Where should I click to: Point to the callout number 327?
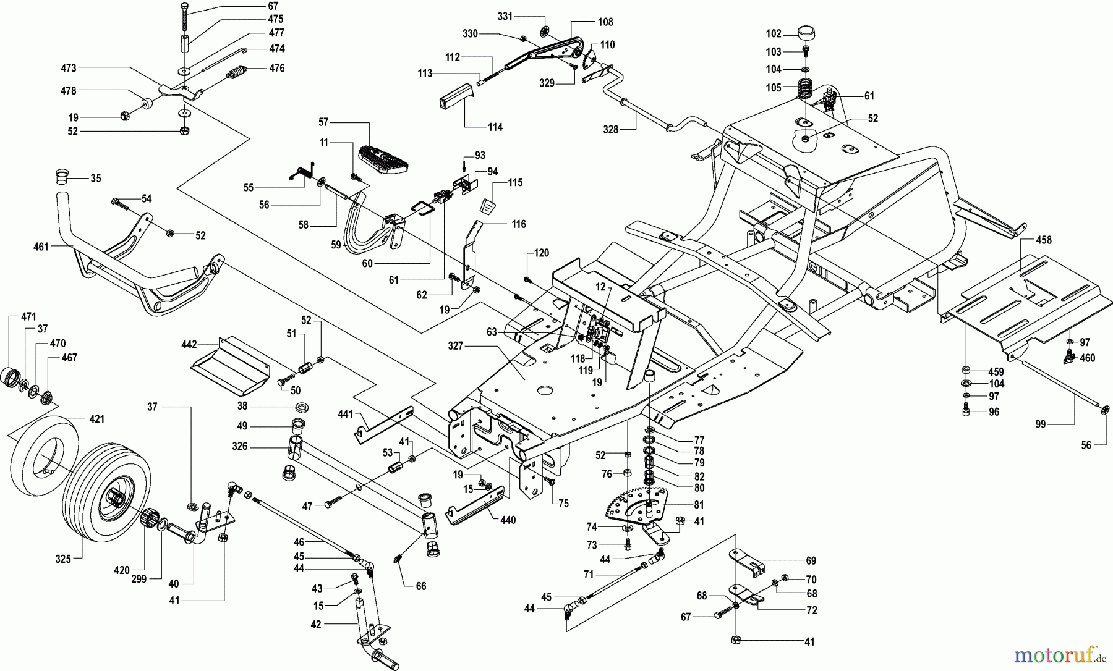[456, 347]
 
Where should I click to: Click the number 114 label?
[495, 127]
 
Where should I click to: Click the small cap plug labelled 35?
[59, 176]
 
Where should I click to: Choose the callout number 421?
[96, 420]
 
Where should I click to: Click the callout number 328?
[611, 130]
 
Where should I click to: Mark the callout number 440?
[508, 520]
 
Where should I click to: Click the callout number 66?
[420, 586]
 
